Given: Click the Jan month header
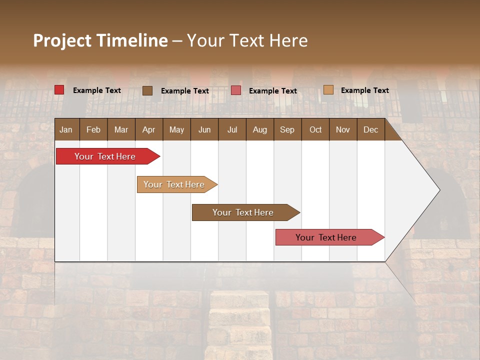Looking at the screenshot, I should (x=66, y=129).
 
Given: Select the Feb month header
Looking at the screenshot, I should (x=93, y=129).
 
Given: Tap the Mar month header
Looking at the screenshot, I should (x=121, y=129).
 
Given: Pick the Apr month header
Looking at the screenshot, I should (x=148, y=129).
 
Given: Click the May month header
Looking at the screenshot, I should (x=176, y=129).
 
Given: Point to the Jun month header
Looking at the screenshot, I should (x=204, y=129).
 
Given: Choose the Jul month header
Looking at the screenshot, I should (x=232, y=129).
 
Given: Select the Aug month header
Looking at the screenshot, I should (x=259, y=129).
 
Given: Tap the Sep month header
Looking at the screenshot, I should (x=287, y=129).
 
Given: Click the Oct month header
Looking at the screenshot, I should (x=315, y=129).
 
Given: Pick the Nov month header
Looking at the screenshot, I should (x=343, y=129).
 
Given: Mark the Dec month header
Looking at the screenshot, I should (x=370, y=129).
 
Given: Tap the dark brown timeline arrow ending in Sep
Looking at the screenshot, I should (x=243, y=212).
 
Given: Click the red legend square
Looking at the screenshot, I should (x=59, y=90).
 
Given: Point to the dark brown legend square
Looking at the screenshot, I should (x=147, y=90).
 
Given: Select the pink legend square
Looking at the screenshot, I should (x=236, y=90).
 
